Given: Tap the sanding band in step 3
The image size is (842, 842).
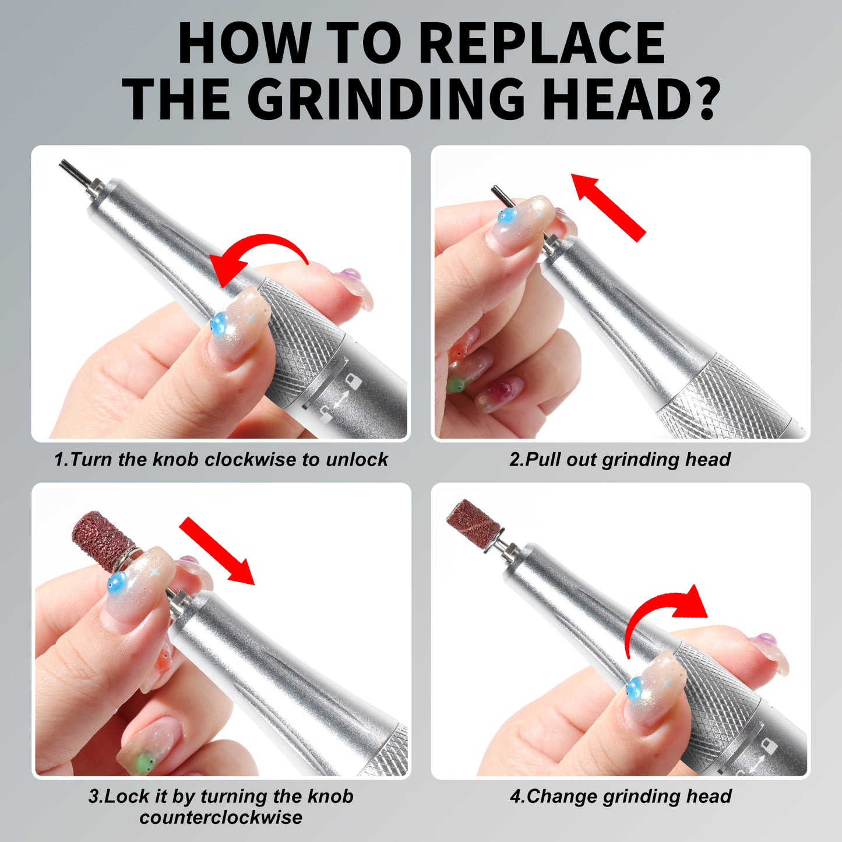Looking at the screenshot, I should click(x=96, y=539).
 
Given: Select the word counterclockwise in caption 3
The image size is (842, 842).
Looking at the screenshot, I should click(x=221, y=817).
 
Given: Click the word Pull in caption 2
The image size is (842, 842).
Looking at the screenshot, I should click(x=543, y=460).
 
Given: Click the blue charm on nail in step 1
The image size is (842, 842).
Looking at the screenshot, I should click(x=219, y=323).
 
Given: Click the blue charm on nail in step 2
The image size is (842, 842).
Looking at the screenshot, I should click(x=505, y=217).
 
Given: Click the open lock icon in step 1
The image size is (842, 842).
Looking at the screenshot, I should click(x=325, y=415).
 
